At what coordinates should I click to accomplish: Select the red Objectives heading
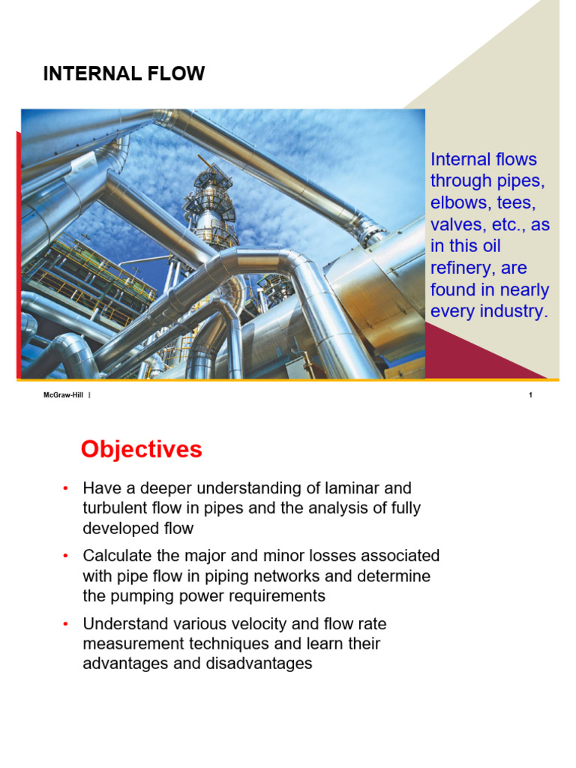pyautogui.click(x=142, y=450)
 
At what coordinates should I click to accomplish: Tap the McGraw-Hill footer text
pyautogui.click(x=63, y=394)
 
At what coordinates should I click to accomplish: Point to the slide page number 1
pyautogui.click(x=530, y=394)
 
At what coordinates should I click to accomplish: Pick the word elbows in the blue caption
pyautogui.click(x=458, y=202)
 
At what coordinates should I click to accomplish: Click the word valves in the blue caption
pyautogui.click(x=458, y=225)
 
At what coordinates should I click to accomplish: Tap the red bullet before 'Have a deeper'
pyautogui.click(x=66, y=488)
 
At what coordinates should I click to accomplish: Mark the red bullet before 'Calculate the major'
pyautogui.click(x=66, y=556)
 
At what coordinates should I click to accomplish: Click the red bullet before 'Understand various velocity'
pyautogui.click(x=66, y=624)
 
